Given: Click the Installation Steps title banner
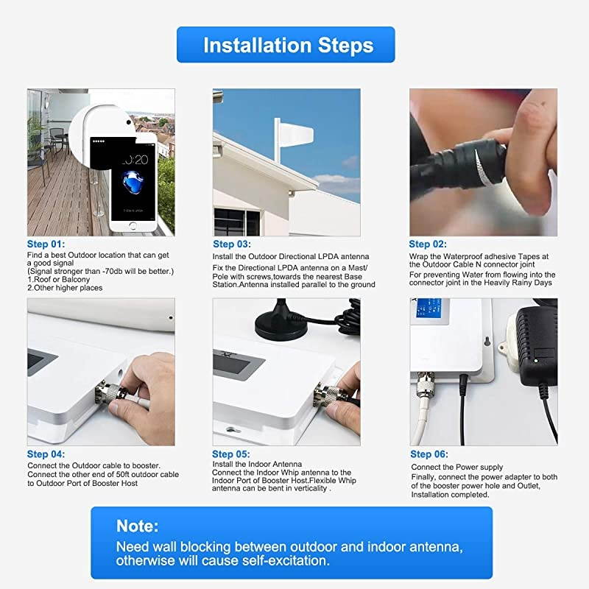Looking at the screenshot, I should (286, 45).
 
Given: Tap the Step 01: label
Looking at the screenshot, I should (46, 244).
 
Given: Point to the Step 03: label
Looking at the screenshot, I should (233, 244).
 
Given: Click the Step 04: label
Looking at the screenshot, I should (46, 454).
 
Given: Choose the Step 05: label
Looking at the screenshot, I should (232, 454).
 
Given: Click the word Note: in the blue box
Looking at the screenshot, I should (138, 526).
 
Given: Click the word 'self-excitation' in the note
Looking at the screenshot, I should (280, 561).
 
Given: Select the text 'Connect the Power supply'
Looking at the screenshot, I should (456, 468).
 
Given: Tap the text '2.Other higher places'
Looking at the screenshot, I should (65, 288).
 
